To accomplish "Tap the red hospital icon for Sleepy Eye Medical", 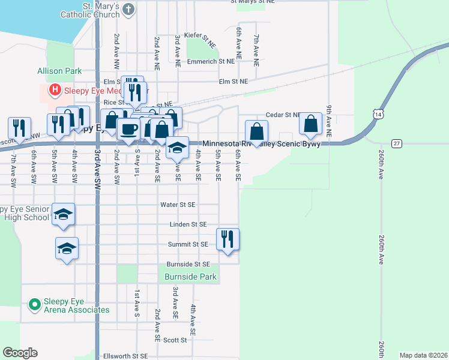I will pyautogui.click(x=55, y=90).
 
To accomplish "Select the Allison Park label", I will pyautogui.click(x=59, y=71).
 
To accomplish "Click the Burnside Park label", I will pyautogui.click(x=190, y=277).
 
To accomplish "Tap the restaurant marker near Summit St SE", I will pyautogui.click(x=228, y=239).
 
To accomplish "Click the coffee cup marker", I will pyautogui.click(x=128, y=129).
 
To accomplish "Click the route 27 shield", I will pyautogui.click(x=397, y=143).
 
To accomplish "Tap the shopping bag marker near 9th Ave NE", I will pyautogui.click(x=311, y=124).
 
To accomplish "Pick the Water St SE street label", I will pyautogui.click(x=178, y=205).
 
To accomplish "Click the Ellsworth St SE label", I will pyautogui.click(x=125, y=356).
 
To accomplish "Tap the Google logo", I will pyautogui.click(x=20, y=353).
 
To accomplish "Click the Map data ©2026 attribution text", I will pyautogui.click(x=423, y=356).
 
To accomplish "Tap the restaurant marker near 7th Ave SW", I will pyautogui.click(x=19, y=128).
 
